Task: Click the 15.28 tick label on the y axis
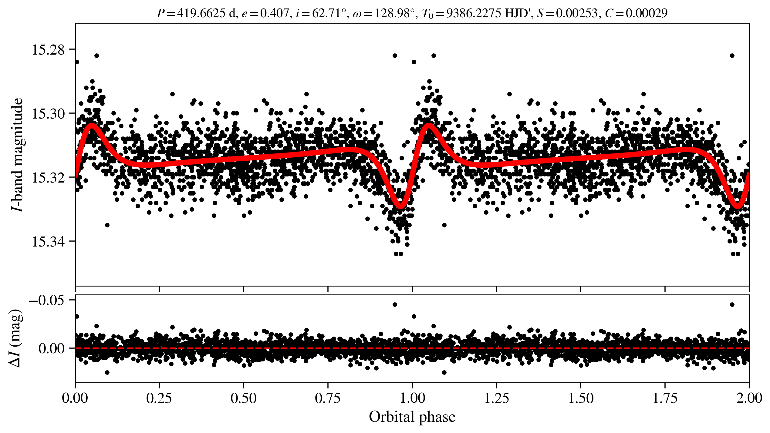(x=48, y=50)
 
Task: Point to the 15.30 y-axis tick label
(x=48, y=114)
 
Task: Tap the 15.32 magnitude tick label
(x=48, y=178)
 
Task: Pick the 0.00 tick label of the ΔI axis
(x=52, y=349)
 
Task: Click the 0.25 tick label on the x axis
(x=159, y=398)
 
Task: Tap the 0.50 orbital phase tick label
(x=244, y=398)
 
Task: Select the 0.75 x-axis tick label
(x=328, y=398)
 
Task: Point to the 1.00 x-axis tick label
(x=412, y=398)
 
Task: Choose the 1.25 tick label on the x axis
(x=496, y=398)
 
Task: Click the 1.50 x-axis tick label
(x=581, y=398)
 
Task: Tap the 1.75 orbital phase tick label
(x=665, y=398)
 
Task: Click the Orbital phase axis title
(x=412, y=417)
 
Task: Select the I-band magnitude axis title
(x=17, y=155)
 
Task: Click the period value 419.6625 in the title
(x=201, y=13)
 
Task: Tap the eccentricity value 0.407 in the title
(x=274, y=13)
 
